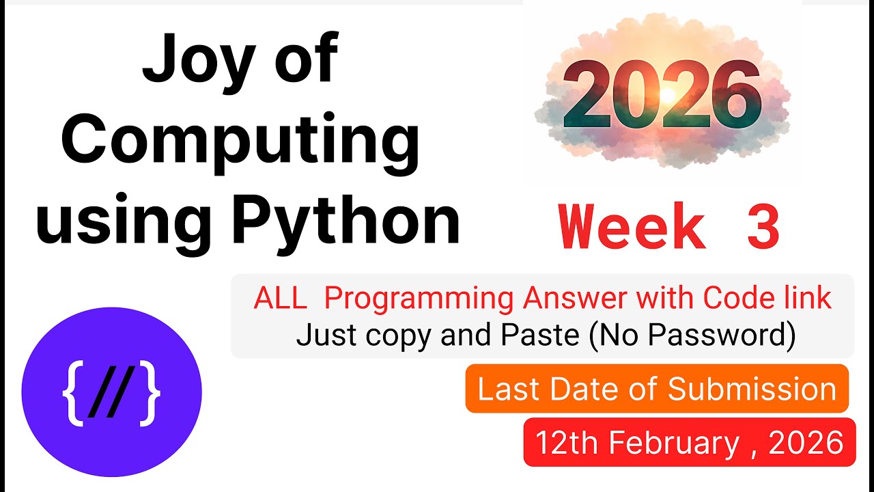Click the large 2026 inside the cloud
(661, 96)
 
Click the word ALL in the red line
(280, 299)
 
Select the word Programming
(419, 299)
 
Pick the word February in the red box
(674, 443)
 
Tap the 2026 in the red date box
(806, 443)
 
